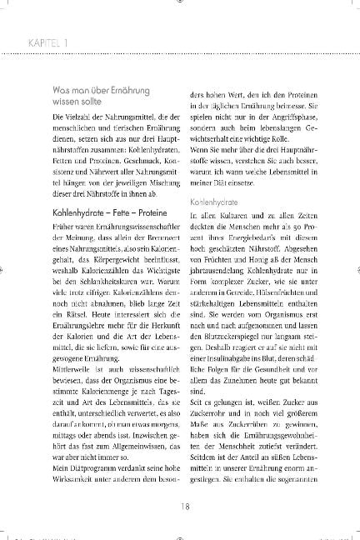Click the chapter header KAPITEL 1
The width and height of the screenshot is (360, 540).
[x=35, y=40]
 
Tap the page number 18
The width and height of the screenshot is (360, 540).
[x=179, y=502]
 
